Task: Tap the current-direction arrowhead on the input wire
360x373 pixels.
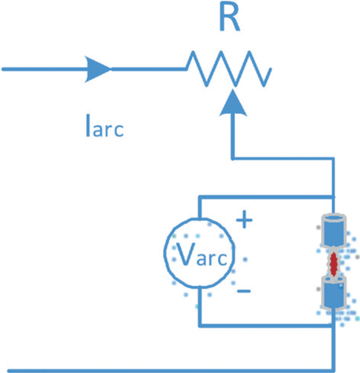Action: (96, 69)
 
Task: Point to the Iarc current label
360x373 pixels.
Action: (104, 127)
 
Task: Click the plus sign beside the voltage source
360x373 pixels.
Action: (244, 218)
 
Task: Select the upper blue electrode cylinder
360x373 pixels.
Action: (333, 231)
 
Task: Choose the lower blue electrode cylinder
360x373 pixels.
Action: (333, 291)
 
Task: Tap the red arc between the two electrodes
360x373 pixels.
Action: (333, 262)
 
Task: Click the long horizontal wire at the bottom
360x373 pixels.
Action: (161, 368)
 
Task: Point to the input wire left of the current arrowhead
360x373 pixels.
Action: (40, 69)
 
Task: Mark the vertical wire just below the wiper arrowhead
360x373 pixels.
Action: (233, 137)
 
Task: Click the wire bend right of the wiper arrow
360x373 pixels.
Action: (333, 157)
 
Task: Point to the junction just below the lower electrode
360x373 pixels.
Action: (333, 325)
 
